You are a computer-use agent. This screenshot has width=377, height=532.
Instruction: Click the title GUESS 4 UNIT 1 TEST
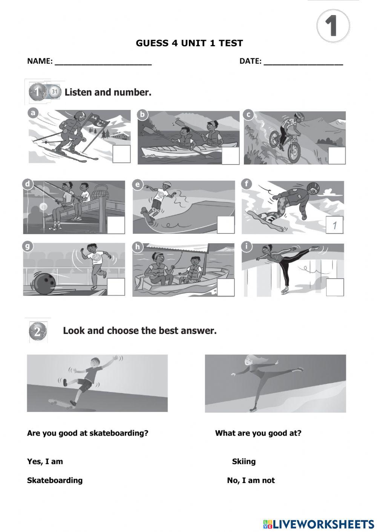pyautogui.click(x=189, y=43)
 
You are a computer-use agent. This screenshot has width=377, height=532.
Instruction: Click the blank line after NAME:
pyautogui.click(x=103, y=62)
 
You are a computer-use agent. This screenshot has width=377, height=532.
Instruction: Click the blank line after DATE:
pyautogui.click(x=303, y=62)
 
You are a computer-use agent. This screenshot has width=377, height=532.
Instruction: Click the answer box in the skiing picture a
pyautogui.click(x=122, y=154)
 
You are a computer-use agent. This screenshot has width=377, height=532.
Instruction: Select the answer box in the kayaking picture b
pyautogui.click(x=230, y=155)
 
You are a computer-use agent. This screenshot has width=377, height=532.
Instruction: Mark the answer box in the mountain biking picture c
pyautogui.click(x=336, y=155)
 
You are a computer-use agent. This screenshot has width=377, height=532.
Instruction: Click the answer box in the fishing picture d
pyautogui.click(x=116, y=225)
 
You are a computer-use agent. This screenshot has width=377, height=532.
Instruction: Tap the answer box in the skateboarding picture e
pyautogui.click(x=225, y=225)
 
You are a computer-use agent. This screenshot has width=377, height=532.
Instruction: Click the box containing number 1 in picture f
pyautogui.click(x=334, y=225)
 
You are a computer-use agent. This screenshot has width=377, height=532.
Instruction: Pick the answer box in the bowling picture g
pyautogui.click(x=116, y=287)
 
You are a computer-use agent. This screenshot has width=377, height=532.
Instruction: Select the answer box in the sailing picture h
pyautogui.click(x=225, y=287)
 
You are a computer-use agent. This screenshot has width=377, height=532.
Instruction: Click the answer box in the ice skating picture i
pyautogui.click(x=335, y=288)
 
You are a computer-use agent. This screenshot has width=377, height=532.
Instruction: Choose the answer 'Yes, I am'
pyautogui.click(x=45, y=462)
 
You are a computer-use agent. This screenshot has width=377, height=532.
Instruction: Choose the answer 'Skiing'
pyautogui.click(x=244, y=462)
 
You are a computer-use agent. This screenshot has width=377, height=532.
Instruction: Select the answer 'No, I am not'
pyautogui.click(x=251, y=480)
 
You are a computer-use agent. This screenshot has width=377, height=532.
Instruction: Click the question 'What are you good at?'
pyautogui.click(x=258, y=433)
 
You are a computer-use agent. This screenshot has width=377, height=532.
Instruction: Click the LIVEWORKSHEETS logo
pyautogui.click(x=319, y=524)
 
